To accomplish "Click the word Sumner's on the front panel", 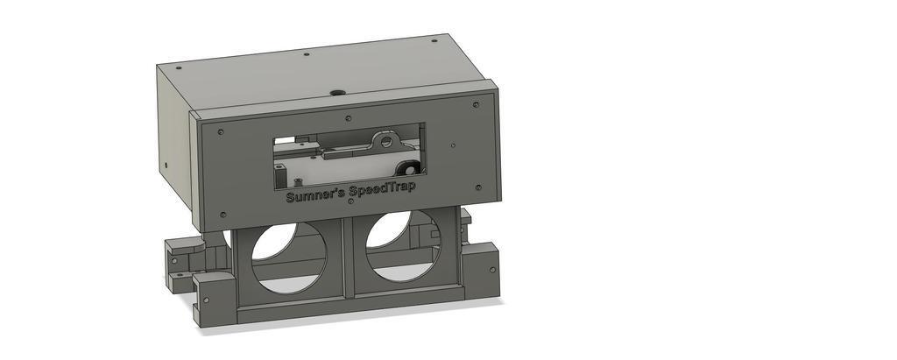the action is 314,194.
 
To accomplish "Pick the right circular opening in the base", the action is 403,246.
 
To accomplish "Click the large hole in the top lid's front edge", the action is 335,92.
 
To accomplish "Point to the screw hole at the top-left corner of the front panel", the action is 220,131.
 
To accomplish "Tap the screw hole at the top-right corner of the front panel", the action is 476,105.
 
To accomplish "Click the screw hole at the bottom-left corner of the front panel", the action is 222,215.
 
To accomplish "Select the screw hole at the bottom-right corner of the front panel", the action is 478,187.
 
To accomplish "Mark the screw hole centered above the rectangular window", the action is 349,118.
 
